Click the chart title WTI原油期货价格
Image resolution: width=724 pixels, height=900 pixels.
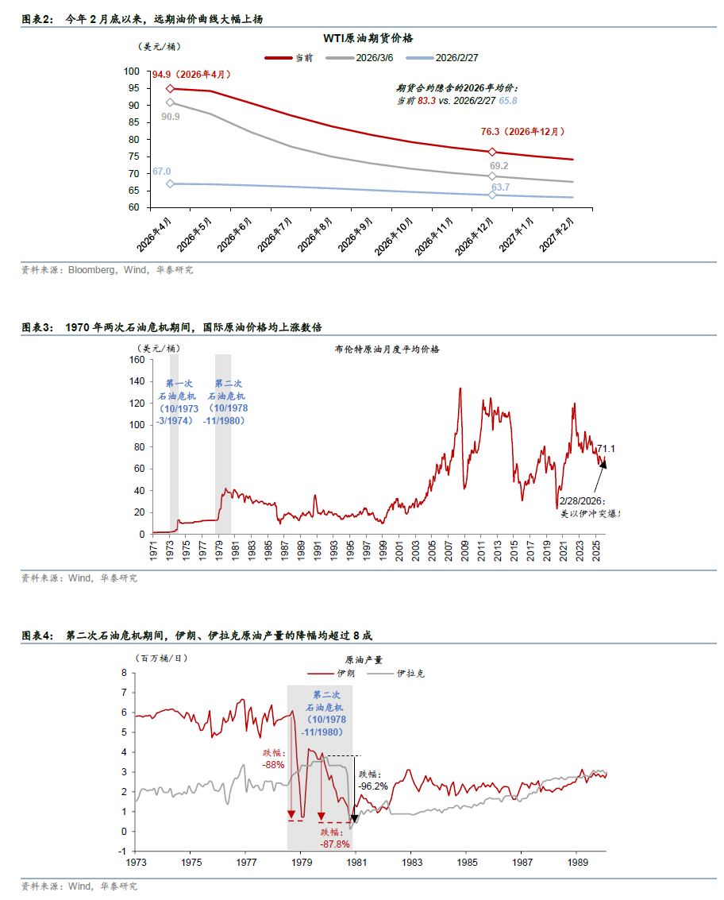pos(368,38)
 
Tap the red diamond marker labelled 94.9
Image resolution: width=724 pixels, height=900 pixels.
pos(170,89)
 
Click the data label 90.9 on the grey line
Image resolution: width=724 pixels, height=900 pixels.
pos(170,116)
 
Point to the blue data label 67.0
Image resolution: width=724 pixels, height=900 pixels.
pos(161,172)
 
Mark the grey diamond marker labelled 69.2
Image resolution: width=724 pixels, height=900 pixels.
pos(492,176)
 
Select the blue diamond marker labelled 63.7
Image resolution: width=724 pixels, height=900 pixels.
pos(492,195)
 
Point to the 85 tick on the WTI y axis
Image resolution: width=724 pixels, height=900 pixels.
pos(133,122)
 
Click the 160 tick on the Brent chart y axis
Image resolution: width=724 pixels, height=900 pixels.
pos(136,360)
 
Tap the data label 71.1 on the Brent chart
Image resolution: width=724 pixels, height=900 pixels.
pos(607,449)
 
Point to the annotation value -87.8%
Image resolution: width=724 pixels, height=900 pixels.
pos(335,844)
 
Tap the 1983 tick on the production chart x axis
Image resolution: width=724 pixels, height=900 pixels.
pos(411,861)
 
